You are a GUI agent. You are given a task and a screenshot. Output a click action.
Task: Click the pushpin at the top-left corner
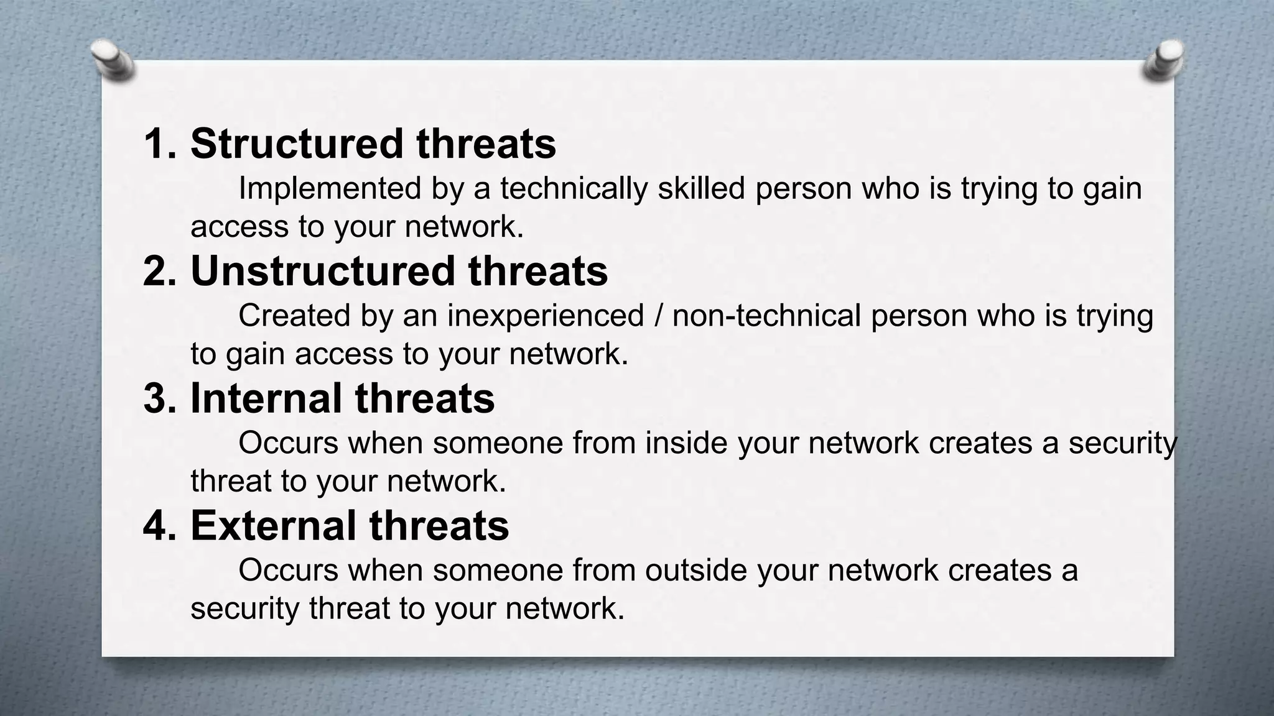click(x=113, y=61)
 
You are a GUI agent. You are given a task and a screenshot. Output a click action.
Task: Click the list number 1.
click(x=159, y=144)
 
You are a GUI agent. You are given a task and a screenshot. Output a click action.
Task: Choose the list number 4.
click(x=159, y=525)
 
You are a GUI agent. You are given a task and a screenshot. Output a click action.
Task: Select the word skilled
click(x=701, y=188)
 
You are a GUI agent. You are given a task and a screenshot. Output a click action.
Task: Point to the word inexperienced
click(x=546, y=316)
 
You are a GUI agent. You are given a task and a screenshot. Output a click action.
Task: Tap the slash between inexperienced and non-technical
click(x=658, y=316)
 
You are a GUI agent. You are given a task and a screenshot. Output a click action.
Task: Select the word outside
click(x=696, y=570)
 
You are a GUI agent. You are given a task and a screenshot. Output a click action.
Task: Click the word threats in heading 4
click(x=439, y=525)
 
